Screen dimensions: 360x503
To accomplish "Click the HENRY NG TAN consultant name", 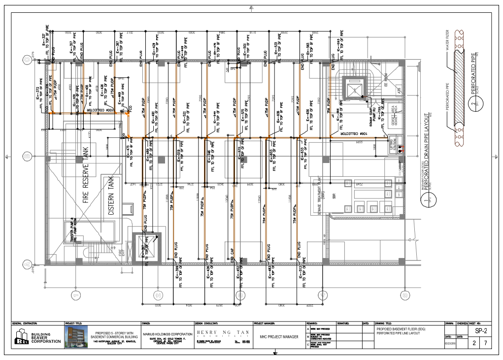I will pyautogui.click(x=222, y=332).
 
